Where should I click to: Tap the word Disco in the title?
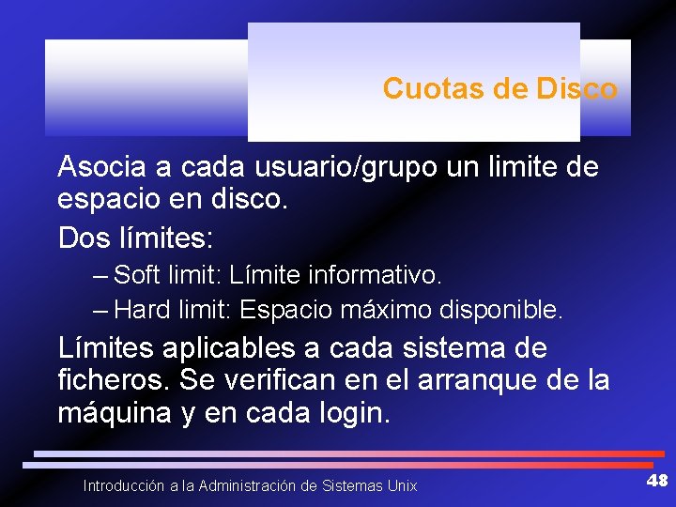(577, 89)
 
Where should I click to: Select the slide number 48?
(656, 481)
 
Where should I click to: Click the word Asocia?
(102, 168)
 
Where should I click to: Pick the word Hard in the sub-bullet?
(143, 309)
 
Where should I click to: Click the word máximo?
(376, 309)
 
